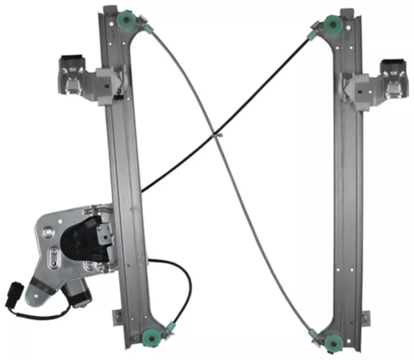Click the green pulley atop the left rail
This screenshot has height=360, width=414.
(x=124, y=21)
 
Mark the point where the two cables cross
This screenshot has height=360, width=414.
(x=218, y=135)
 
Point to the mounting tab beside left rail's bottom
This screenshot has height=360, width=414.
(x=116, y=317)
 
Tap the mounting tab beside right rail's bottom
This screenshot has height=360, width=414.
(x=365, y=317)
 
